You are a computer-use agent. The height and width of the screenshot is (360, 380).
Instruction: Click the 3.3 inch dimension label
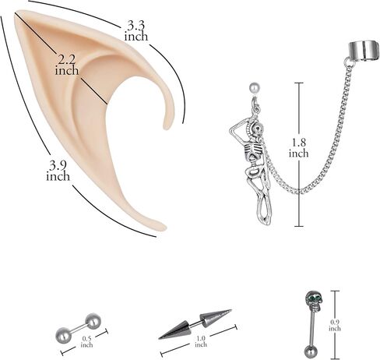[136, 31]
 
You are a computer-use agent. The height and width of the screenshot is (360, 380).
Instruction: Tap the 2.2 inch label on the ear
[66, 65]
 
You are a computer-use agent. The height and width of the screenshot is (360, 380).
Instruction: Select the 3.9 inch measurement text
[58, 171]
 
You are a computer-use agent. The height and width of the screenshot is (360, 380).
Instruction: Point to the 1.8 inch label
[299, 147]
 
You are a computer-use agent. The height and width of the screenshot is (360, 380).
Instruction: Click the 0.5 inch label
[86, 342]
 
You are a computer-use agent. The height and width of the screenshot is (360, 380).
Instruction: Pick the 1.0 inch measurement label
[201, 341]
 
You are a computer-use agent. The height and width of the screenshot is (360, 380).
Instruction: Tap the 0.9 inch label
[335, 325]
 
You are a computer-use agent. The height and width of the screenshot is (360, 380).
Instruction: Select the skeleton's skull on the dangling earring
[258, 129]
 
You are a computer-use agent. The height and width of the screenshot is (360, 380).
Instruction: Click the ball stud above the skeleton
[254, 88]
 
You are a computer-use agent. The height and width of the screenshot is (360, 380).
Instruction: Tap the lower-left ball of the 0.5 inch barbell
[64, 334]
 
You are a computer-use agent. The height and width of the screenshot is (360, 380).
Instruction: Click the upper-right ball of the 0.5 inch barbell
[93, 320]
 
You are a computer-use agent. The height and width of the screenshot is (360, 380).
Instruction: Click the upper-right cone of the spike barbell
[215, 317]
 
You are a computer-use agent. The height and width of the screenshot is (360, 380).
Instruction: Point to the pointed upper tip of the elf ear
[16, 12]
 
